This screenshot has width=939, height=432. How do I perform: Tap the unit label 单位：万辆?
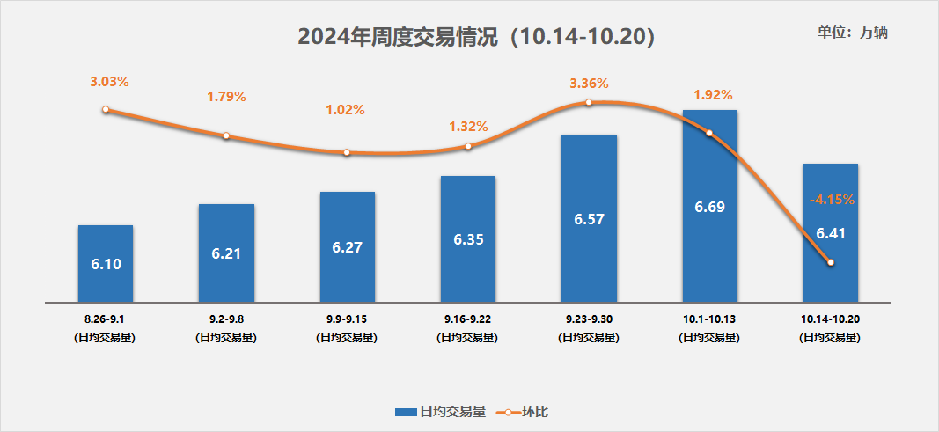[x=852, y=33]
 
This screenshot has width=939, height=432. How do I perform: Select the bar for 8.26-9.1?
[x=106, y=263]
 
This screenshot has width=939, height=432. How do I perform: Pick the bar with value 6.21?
[x=226, y=253]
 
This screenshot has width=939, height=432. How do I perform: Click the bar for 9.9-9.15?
[x=347, y=246]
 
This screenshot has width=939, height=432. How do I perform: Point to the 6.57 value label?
[x=588, y=219]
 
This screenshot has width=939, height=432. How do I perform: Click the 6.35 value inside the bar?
[x=467, y=238]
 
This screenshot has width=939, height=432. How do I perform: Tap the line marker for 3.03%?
[x=106, y=110]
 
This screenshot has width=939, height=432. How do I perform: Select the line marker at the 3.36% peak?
[x=589, y=103]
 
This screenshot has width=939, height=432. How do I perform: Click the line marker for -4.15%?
[x=830, y=262]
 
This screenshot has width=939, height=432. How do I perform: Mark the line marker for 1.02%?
[x=347, y=152]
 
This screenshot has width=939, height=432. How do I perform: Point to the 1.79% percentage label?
[x=226, y=96]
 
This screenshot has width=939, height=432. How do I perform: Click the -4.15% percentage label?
[x=831, y=200]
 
